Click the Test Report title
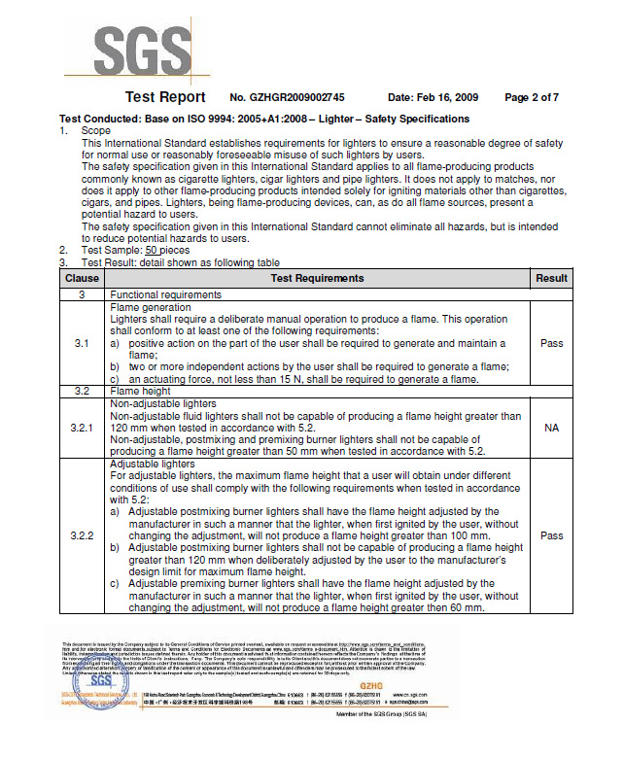click(165, 97)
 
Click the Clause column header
click(82, 278)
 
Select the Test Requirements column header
click(318, 278)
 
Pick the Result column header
click(551, 278)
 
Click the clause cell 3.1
click(82, 344)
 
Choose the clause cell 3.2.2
click(82, 535)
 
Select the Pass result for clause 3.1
click(551, 344)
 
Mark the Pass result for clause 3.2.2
click(551, 535)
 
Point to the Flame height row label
click(143, 391)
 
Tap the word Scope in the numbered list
click(96, 130)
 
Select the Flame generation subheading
click(151, 307)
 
